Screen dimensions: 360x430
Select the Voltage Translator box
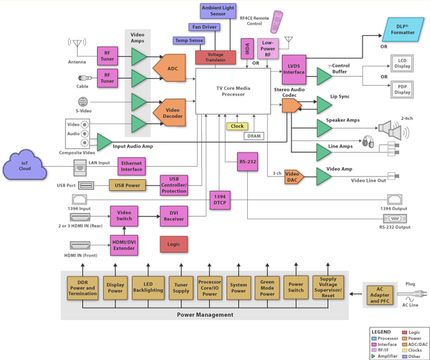216,57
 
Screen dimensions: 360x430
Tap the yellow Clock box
237,126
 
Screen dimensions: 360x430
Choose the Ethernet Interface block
132,166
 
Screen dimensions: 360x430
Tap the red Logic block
174,244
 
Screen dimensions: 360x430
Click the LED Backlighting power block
147,287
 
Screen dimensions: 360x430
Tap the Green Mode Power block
267,287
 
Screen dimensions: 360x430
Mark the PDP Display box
399,89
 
